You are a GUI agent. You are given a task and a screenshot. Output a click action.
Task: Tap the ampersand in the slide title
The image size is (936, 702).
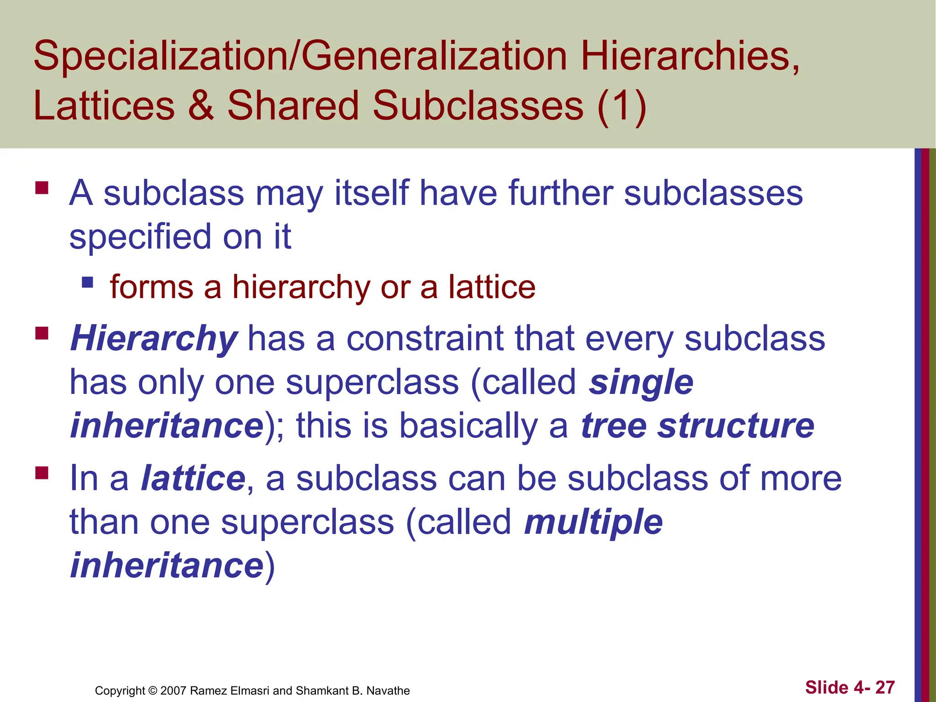[x=201, y=106]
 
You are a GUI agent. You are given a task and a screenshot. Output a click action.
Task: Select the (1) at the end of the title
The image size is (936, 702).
[x=622, y=107]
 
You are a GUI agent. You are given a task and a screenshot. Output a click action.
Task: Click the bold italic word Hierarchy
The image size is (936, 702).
[x=154, y=339]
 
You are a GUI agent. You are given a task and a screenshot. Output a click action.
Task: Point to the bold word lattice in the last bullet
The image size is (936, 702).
[x=193, y=479]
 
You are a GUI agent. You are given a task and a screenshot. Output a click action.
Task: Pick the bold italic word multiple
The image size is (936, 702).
[x=593, y=522]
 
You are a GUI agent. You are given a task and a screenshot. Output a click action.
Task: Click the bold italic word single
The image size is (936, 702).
[x=641, y=383]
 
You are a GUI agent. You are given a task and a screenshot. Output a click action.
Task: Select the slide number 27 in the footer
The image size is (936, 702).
[x=885, y=687]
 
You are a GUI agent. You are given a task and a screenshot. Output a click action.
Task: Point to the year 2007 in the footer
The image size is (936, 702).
[x=173, y=691]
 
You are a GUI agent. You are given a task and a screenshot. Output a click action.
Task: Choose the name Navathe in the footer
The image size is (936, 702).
[x=388, y=691]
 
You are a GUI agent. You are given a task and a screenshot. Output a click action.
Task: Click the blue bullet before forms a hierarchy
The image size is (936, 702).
[x=87, y=282]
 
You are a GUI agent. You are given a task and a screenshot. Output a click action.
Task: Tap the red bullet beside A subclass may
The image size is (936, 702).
[x=42, y=188]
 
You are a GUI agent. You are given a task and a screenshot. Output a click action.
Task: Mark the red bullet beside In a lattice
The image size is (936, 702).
[x=42, y=473]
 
